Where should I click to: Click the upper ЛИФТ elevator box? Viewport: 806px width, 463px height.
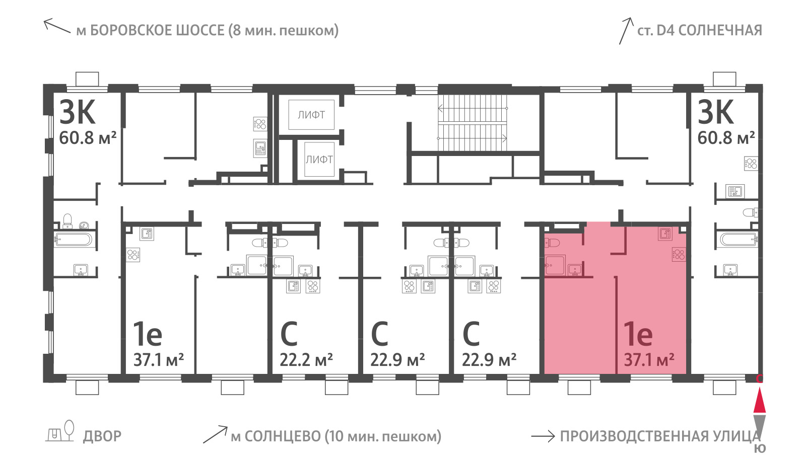point(311,115)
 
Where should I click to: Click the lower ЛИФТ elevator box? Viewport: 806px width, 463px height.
point(319,159)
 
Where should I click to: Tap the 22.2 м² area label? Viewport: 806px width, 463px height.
point(306,360)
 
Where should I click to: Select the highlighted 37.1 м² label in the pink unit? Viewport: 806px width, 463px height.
point(649,360)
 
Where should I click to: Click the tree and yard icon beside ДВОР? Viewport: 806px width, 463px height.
point(60,431)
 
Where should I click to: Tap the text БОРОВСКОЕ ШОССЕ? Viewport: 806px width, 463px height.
point(157,31)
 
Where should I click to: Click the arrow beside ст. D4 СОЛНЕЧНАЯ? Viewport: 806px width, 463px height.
point(626,31)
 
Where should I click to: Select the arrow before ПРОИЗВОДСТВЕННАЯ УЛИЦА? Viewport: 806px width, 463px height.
point(543,436)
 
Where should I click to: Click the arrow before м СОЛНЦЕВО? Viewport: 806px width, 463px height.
point(215,435)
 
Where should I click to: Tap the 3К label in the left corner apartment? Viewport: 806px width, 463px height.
point(78,112)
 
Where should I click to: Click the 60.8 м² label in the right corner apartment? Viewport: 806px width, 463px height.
point(726,138)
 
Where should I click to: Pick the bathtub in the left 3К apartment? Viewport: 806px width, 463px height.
point(74,240)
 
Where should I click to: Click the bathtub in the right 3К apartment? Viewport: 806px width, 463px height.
point(738,240)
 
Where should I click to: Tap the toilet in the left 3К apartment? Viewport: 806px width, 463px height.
point(68,221)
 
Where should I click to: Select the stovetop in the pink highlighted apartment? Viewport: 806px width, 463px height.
point(679,255)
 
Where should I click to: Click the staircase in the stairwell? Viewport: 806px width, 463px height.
point(473,123)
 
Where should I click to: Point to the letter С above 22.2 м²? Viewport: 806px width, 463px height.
point(289,334)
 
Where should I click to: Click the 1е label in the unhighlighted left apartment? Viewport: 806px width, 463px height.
point(148,334)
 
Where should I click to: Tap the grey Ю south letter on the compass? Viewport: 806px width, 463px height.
point(760,448)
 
